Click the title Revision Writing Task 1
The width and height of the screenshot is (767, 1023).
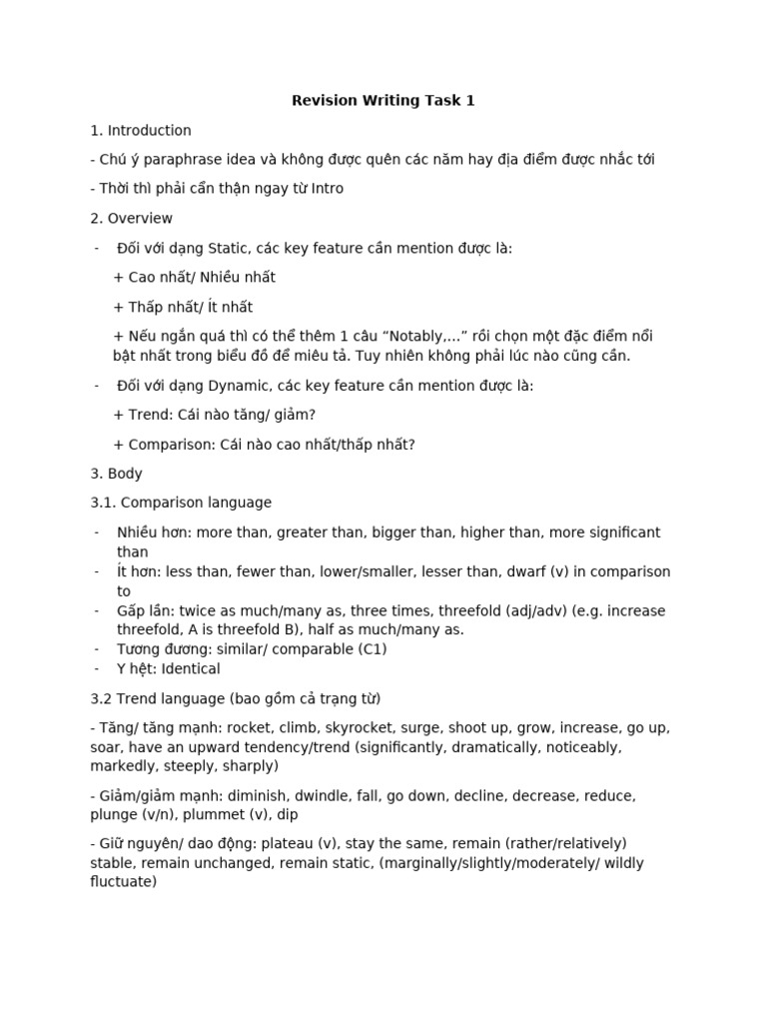click(x=383, y=100)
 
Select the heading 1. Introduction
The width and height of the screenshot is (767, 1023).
click(x=141, y=130)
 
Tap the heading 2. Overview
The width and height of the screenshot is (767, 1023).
click(x=131, y=218)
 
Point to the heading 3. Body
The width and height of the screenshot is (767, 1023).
click(x=116, y=474)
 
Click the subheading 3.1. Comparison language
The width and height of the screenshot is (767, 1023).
click(x=181, y=503)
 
